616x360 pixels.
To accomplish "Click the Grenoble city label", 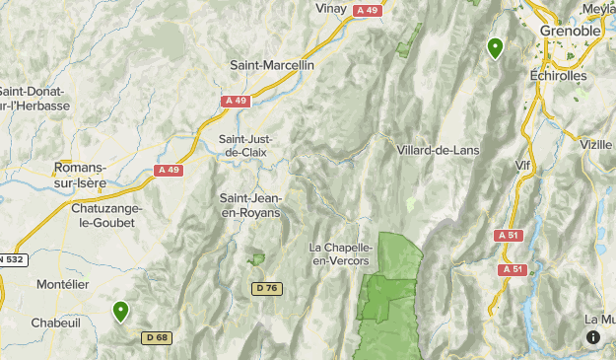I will click(571, 31).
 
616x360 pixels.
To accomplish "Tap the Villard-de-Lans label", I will click(438, 150).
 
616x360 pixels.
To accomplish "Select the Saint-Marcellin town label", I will click(272, 65).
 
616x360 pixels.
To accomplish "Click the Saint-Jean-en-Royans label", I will click(249, 205).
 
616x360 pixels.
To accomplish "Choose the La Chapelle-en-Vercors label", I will click(340, 253).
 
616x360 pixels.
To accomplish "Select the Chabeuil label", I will click(55, 322).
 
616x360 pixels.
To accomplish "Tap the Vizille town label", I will click(596, 144).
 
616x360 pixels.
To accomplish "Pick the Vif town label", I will click(523, 165).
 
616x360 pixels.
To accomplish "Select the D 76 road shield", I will click(266, 288).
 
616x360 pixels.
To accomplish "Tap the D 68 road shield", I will click(156, 337).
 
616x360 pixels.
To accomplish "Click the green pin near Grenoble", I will click(495, 46).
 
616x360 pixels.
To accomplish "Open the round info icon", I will click(593, 337).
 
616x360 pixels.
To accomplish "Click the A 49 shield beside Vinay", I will click(368, 10).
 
